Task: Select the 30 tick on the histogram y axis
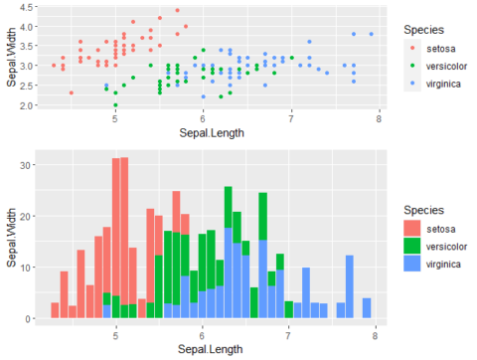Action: pos(27,163)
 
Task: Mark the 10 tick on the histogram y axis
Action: pos(27,267)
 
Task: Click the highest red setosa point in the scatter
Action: pos(177,11)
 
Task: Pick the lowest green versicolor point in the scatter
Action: pos(115,104)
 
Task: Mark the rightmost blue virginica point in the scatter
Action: pos(371,35)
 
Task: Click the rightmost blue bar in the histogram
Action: pos(367,308)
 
